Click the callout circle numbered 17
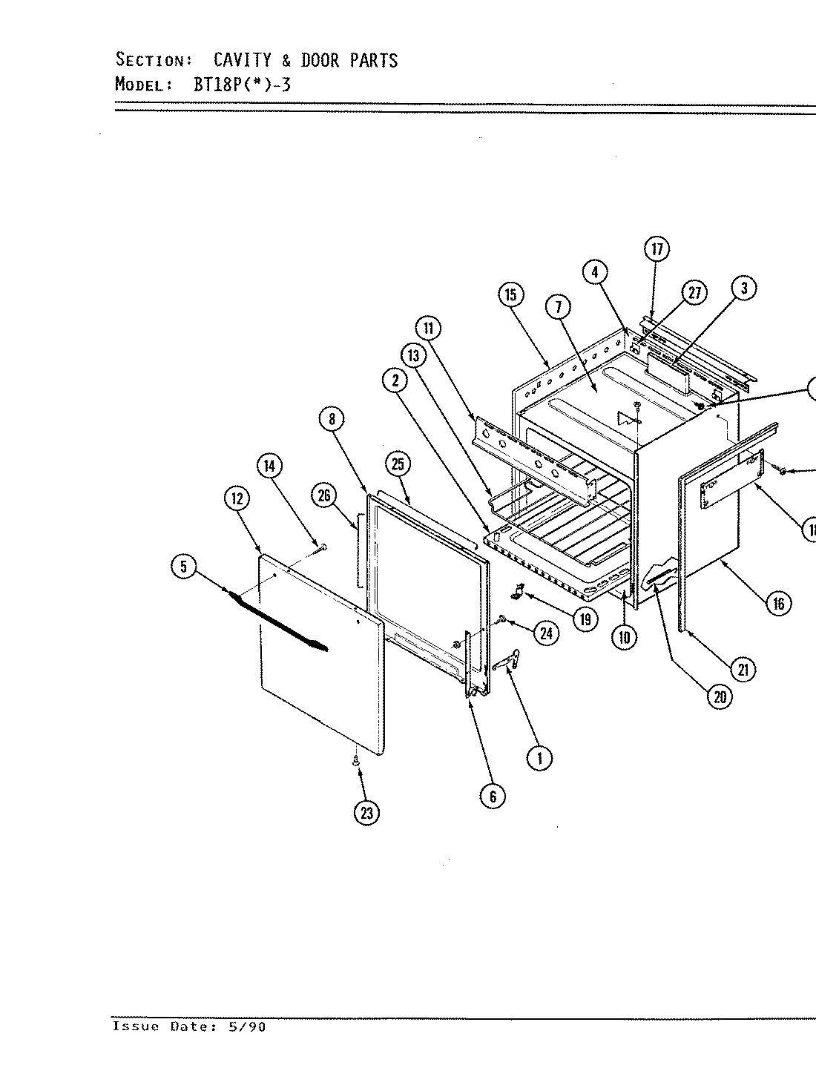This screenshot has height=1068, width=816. coord(657,249)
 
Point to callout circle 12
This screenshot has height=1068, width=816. coord(237,499)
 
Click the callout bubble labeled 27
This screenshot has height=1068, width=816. coord(694,293)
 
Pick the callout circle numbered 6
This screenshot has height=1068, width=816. coord(493,796)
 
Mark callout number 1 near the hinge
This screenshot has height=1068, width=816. coord(539,757)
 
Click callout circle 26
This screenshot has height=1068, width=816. coord(324,495)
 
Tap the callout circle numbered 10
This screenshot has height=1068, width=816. coord(625,636)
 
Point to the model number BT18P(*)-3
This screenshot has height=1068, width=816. coord(243,84)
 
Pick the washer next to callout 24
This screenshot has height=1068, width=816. coord(502,618)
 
